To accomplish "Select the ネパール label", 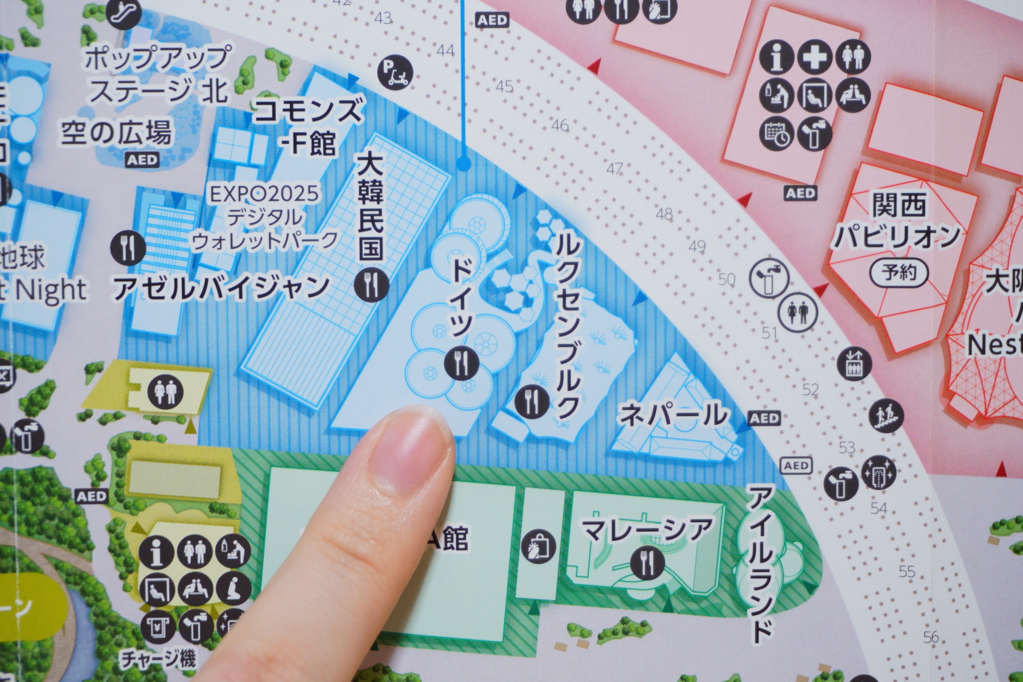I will point(673,415).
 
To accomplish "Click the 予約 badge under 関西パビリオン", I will point(899,274).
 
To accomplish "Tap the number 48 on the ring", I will point(664,215).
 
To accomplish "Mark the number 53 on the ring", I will point(846,446).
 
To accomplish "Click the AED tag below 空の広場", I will point(142,159).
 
